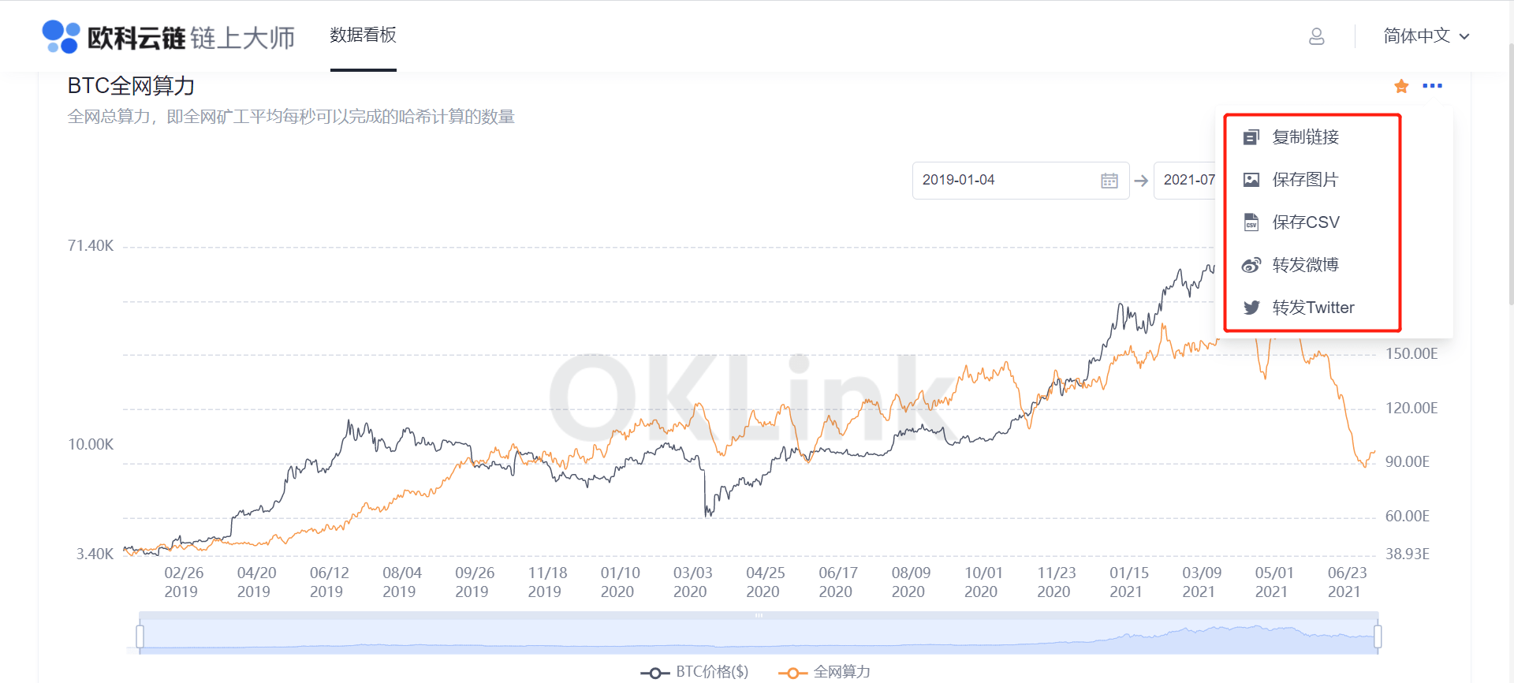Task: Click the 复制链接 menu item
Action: pyautogui.click(x=1305, y=137)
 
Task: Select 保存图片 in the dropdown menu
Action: pyautogui.click(x=1305, y=180)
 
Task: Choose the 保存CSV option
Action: pyautogui.click(x=1305, y=222)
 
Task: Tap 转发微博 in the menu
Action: pyautogui.click(x=1305, y=265)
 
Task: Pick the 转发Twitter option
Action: pyautogui.click(x=1313, y=308)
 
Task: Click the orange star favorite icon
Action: pyautogui.click(x=1401, y=86)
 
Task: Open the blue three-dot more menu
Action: pyautogui.click(x=1432, y=86)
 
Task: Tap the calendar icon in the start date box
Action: pyautogui.click(x=1109, y=181)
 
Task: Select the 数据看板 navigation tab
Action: pyautogui.click(x=363, y=35)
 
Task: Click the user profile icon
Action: pyautogui.click(x=1317, y=36)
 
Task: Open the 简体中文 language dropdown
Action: pyautogui.click(x=1426, y=36)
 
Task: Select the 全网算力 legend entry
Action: pyautogui.click(x=826, y=672)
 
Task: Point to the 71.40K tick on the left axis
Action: pyautogui.click(x=91, y=246)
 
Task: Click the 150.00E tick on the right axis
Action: pyautogui.click(x=1411, y=354)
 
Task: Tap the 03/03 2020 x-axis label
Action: pyautogui.click(x=692, y=582)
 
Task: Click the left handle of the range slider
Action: pyautogui.click(x=140, y=636)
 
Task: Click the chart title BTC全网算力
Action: pyautogui.click(x=131, y=86)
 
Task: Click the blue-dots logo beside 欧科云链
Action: pyautogui.click(x=61, y=36)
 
